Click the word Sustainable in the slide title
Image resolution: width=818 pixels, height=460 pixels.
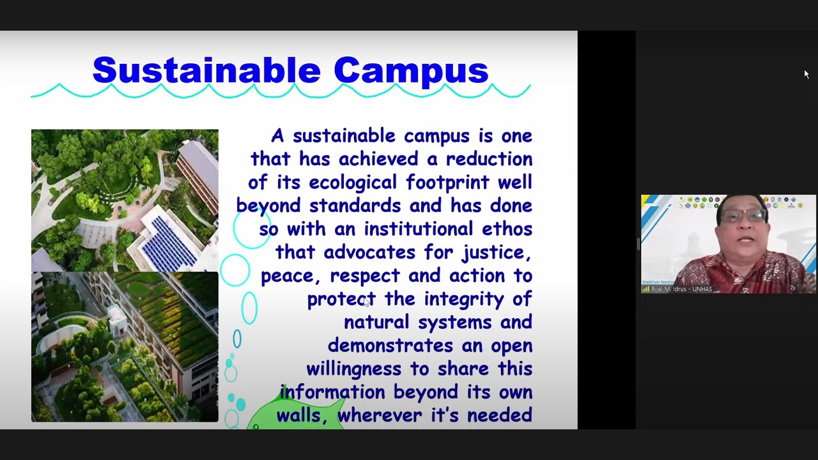click(x=206, y=70)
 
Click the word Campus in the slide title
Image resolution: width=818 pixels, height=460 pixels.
click(x=411, y=72)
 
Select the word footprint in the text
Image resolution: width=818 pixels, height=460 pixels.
click(x=447, y=183)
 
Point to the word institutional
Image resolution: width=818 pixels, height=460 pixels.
click(x=419, y=229)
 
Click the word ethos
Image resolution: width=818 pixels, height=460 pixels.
click(x=507, y=229)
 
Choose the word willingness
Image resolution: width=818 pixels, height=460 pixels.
click(x=353, y=369)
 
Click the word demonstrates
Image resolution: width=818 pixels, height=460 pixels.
click(x=390, y=346)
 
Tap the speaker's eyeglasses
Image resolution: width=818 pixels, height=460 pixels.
click(x=743, y=216)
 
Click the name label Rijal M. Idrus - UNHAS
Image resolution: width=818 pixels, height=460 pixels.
click(x=681, y=289)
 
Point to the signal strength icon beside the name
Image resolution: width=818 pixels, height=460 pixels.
click(x=645, y=289)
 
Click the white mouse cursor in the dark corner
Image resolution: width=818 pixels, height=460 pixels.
click(x=806, y=75)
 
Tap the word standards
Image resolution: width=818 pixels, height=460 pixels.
click(x=355, y=206)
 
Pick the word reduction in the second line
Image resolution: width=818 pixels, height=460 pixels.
click(x=489, y=159)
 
